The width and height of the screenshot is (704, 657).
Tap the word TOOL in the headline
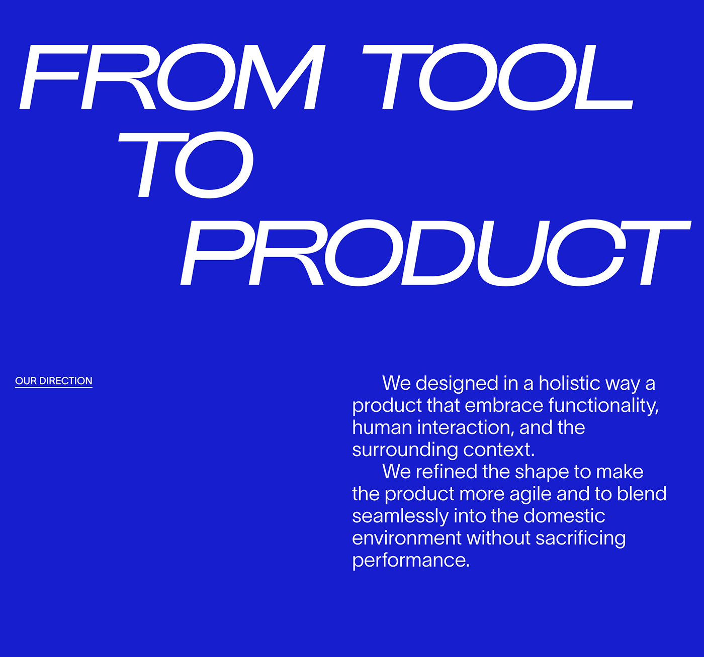[x=498, y=77]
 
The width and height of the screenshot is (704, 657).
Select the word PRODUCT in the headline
[x=435, y=253]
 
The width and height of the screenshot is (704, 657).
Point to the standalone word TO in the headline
[x=186, y=165]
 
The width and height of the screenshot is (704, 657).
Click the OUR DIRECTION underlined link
[x=54, y=381]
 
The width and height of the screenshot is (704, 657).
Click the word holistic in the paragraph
[x=569, y=383]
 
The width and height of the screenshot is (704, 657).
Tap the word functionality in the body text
[x=603, y=405]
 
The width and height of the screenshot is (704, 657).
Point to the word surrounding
[x=405, y=450]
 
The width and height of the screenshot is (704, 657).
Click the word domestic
[x=564, y=516]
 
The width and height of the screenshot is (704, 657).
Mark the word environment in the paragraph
[x=407, y=538]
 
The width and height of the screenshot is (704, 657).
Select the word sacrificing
[x=580, y=538]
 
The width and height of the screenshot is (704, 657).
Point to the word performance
[x=410, y=560]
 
